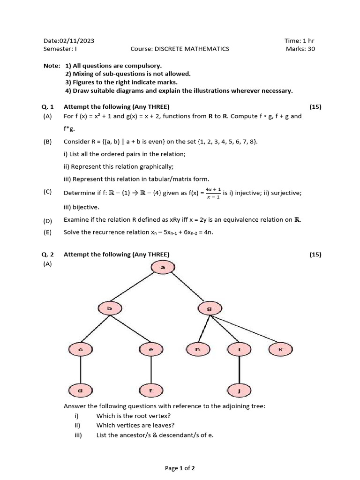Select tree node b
(x=109, y=308)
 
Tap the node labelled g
(x=209, y=308)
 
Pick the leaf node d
(x=80, y=390)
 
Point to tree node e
(x=150, y=349)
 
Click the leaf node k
(x=280, y=349)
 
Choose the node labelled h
(x=198, y=349)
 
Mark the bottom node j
(x=239, y=390)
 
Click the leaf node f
(x=150, y=390)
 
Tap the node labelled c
(x=80, y=349)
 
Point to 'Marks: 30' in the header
(x=300, y=49)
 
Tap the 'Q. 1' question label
(x=49, y=107)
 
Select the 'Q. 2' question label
(x=49, y=255)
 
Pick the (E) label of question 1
(x=48, y=232)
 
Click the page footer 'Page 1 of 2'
(x=180, y=468)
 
